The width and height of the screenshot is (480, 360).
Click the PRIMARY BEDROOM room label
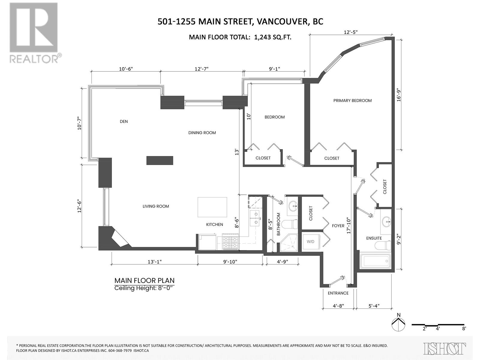[x=352, y=100]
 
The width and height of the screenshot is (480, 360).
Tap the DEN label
[x=124, y=121]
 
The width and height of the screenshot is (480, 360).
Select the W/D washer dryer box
[x=311, y=241]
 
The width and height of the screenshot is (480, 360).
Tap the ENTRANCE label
[x=338, y=293]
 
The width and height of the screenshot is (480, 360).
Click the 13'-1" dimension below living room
[x=154, y=262]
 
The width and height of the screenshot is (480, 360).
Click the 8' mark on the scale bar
[x=464, y=328]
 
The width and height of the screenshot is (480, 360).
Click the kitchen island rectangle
[x=212, y=207]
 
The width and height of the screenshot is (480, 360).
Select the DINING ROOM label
[x=202, y=133]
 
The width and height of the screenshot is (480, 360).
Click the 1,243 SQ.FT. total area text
[x=272, y=37]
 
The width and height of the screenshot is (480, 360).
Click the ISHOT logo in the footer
[x=445, y=348]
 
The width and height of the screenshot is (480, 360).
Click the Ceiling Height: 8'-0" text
[x=144, y=288]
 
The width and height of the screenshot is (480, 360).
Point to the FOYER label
[x=338, y=226]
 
